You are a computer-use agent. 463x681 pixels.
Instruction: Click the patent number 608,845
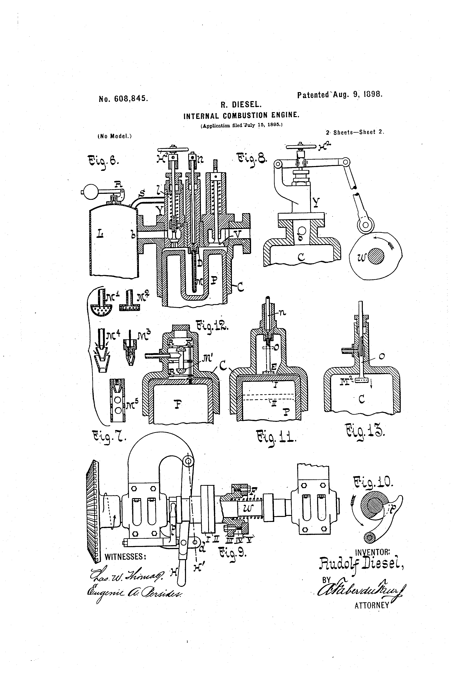coord(123,99)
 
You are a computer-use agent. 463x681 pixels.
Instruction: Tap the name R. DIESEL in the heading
coord(240,105)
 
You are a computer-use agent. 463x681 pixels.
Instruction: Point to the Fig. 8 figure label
coord(251,159)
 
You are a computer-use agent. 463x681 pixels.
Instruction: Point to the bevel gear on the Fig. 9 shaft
coord(93,511)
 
